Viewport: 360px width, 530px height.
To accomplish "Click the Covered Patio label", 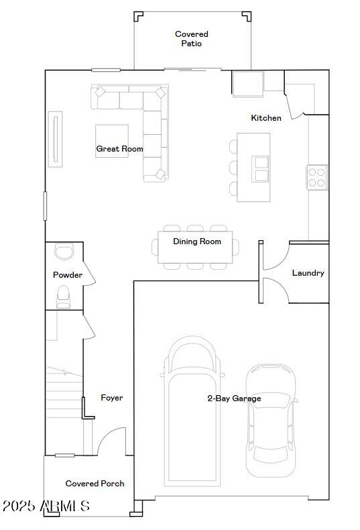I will (192, 39).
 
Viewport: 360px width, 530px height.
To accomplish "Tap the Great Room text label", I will (119, 149).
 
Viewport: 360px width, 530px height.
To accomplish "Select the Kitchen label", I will (266, 118).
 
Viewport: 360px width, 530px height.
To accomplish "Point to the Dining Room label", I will (197, 242).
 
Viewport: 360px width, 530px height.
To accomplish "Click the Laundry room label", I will (308, 273).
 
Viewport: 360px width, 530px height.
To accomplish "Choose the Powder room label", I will (68, 275).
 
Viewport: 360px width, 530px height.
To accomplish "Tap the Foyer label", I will (112, 398).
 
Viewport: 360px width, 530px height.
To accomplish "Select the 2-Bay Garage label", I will (234, 399).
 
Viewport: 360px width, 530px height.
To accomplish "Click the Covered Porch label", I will (95, 484).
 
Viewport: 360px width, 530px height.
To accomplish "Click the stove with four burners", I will (317, 177).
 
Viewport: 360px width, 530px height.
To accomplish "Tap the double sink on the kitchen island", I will (260, 169).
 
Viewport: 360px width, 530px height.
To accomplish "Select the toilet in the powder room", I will (64, 296).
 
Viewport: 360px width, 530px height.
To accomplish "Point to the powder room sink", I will (64, 252).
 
